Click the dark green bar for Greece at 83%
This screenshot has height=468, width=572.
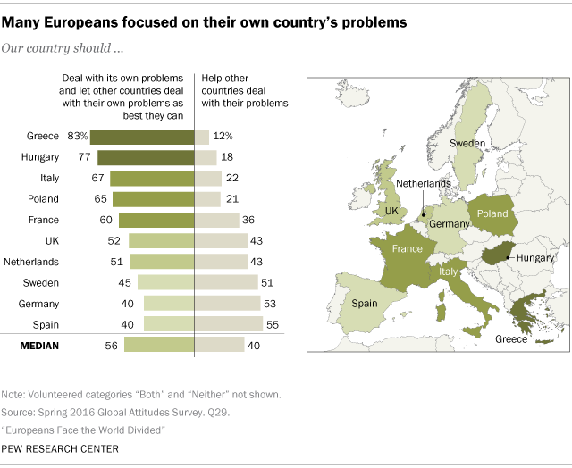(x=143, y=137)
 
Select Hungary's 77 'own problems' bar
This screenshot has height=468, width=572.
(x=147, y=157)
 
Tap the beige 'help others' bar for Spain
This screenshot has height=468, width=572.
(x=229, y=323)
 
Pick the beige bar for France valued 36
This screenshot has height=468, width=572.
(x=217, y=220)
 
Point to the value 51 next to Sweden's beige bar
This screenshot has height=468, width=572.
(x=266, y=282)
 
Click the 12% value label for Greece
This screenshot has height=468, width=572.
(x=223, y=137)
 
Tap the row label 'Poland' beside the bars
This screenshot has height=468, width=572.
(x=43, y=199)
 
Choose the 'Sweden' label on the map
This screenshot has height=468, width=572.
(x=467, y=143)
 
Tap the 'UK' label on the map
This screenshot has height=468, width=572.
(x=391, y=211)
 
